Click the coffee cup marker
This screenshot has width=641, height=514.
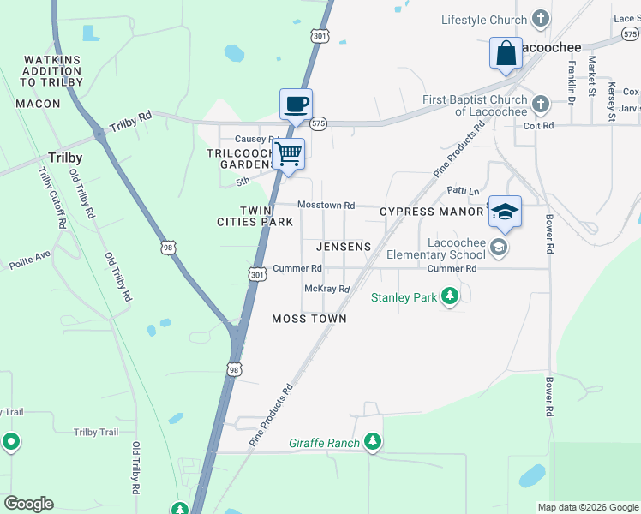pyautogui.click(x=296, y=105)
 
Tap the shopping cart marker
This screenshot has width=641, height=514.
pyautogui.click(x=289, y=154)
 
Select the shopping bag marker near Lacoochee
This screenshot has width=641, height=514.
pyautogui.click(x=506, y=53)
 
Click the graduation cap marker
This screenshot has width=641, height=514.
pyautogui.click(x=506, y=212)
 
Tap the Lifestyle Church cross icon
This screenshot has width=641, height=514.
pyautogui.click(x=540, y=19)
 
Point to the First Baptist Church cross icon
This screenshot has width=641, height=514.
pyautogui.click(x=540, y=105)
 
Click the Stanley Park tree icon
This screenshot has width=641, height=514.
pyautogui.click(x=450, y=297)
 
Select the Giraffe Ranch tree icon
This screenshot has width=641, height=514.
pyautogui.click(x=372, y=442)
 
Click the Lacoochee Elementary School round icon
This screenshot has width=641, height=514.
pyautogui.click(x=500, y=248)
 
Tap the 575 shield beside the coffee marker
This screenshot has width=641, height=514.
pyautogui.click(x=319, y=123)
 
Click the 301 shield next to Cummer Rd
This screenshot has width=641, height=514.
pyautogui.click(x=257, y=274)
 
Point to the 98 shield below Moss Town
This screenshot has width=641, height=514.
pyautogui.click(x=235, y=368)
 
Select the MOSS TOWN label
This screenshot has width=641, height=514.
pyautogui.click(x=309, y=319)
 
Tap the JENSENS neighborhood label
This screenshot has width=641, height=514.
pyautogui.click(x=344, y=247)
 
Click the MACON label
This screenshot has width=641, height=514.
pyautogui.click(x=39, y=104)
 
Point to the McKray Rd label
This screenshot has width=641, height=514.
pyautogui.click(x=327, y=289)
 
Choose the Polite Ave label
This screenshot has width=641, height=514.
pyautogui.click(x=31, y=261)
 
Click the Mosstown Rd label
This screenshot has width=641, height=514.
pyautogui.click(x=326, y=206)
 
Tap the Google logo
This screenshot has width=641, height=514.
pyautogui.click(x=28, y=504)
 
